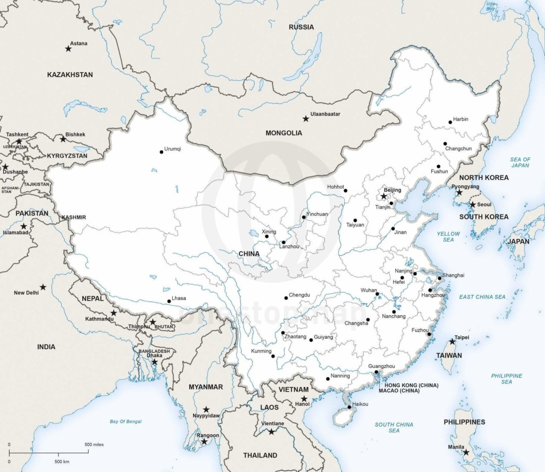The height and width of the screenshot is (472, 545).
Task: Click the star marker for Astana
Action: (68, 49)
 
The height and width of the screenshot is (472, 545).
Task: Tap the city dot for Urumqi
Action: (162, 152)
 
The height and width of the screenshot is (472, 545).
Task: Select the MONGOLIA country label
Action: (283, 133)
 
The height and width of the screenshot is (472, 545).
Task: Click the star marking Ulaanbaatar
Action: (306, 119)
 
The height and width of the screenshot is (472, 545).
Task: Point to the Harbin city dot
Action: (450, 122)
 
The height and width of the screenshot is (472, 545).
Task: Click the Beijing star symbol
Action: (383, 196)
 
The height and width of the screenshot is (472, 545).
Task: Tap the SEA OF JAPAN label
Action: (520, 162)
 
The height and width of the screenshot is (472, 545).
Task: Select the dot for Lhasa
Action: (168, 301)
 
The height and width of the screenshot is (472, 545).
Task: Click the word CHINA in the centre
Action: (249, 254)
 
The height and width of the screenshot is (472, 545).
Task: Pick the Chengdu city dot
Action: (286, 298)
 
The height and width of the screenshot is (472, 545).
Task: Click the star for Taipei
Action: (452, 341)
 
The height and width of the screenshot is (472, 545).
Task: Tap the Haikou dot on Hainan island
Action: (349, 407)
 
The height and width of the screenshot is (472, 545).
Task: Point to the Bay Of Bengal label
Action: (125, 421)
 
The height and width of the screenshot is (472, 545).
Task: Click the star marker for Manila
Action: (466, 452)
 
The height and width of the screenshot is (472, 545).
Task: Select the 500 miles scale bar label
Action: (94, 444)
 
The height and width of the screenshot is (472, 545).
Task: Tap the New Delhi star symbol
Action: (43, 287)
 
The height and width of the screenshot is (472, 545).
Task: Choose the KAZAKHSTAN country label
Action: (70, 74)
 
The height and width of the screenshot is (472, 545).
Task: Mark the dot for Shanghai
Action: (439, 278)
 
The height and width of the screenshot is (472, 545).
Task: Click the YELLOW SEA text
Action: (448, 236)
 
